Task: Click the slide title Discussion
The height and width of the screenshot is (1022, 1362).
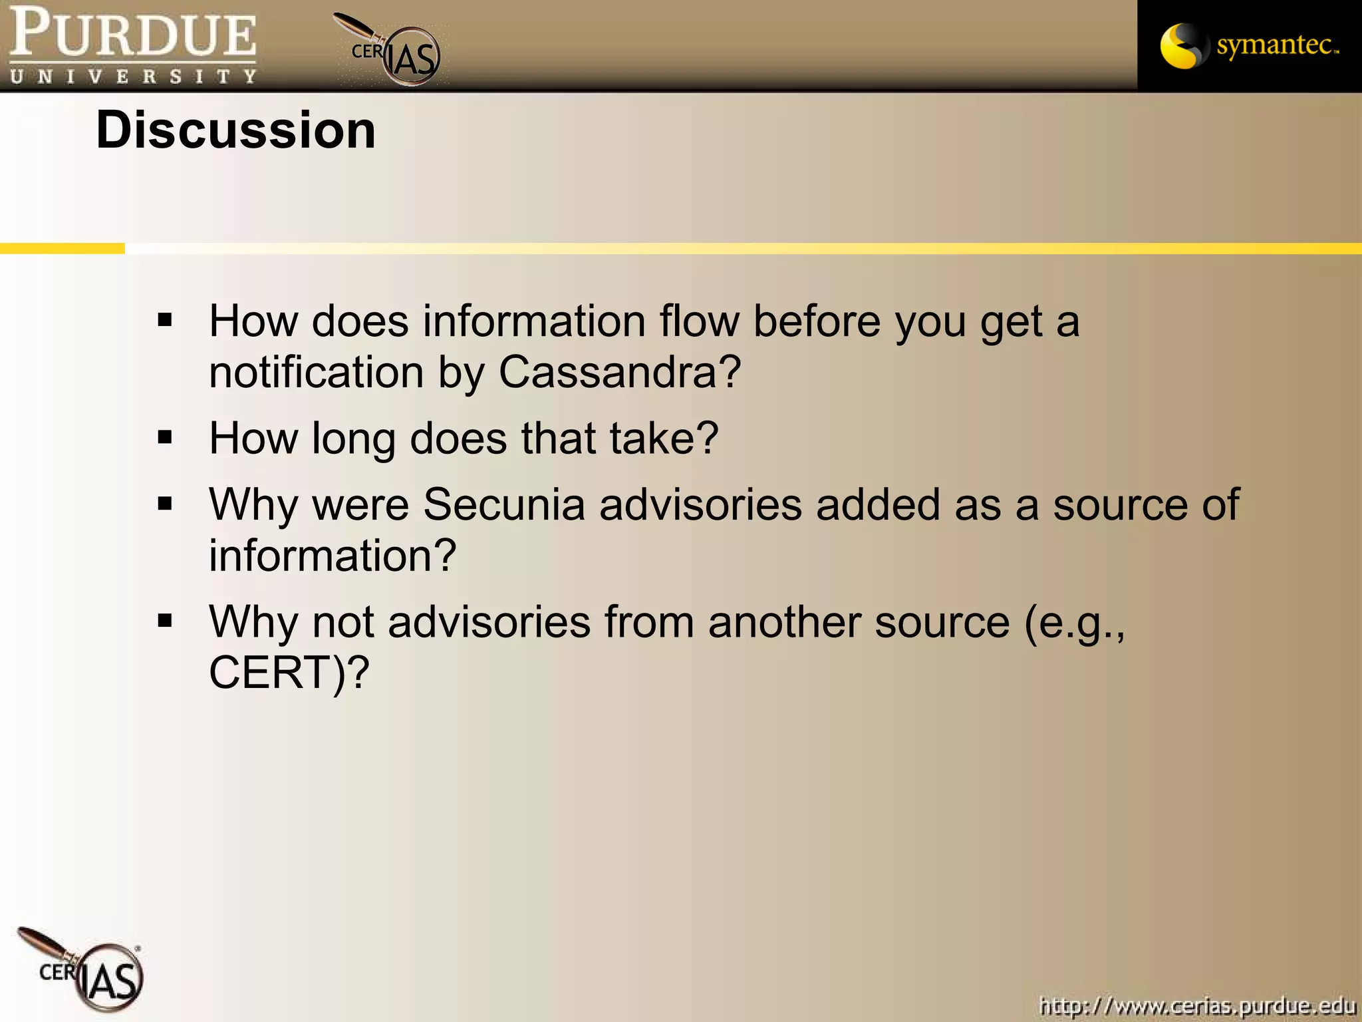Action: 235,130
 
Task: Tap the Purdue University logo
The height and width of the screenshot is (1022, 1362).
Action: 133,45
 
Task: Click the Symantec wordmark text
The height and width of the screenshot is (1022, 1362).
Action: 1276,45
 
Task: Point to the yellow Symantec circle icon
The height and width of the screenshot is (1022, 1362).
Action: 1181,46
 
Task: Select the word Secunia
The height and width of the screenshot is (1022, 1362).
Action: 503,504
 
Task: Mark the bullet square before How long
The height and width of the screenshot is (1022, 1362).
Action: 165,437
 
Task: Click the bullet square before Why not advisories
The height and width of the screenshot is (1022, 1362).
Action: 165,621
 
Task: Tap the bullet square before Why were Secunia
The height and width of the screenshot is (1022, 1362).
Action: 165,504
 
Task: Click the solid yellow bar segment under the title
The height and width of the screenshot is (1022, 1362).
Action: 62,248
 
